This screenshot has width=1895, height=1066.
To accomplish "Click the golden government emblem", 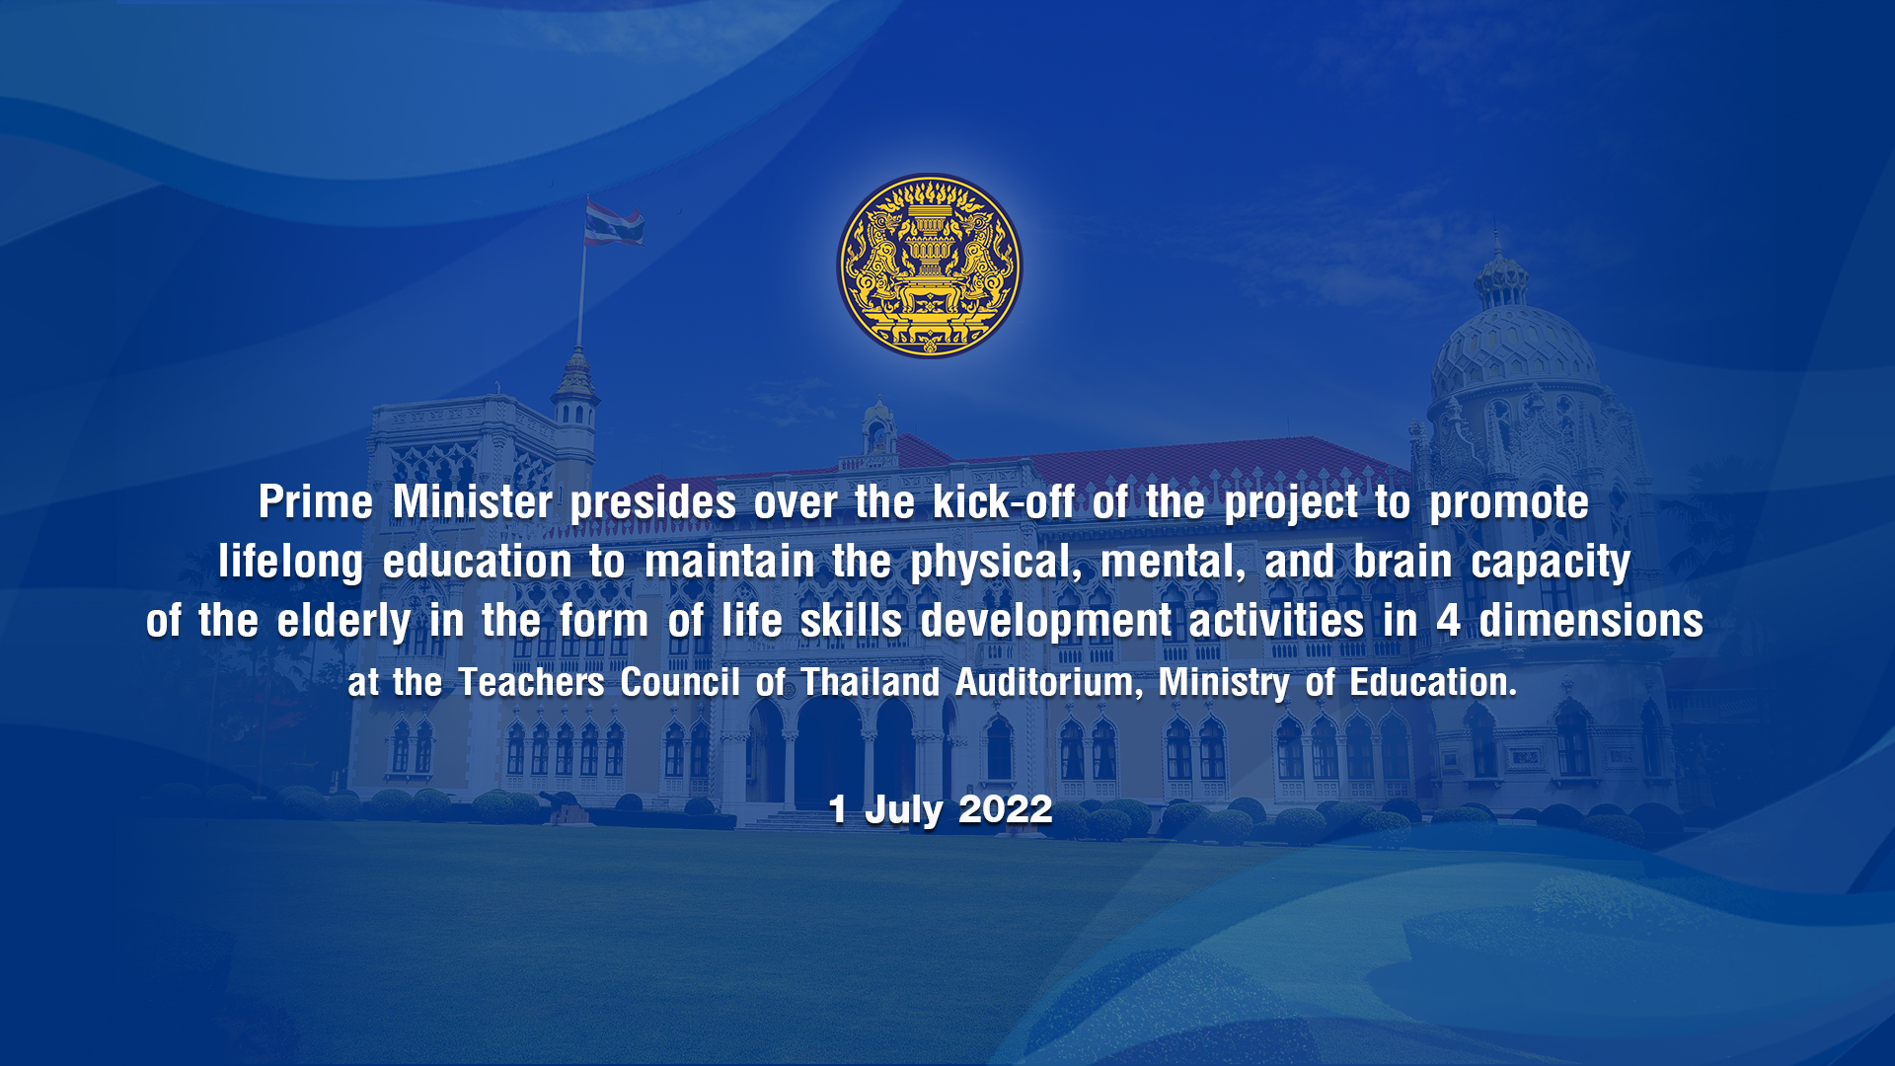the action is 930,266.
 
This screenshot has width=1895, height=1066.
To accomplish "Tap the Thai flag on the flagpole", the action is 613,222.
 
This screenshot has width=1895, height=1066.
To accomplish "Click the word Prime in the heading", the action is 316,501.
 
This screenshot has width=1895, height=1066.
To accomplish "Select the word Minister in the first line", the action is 473,501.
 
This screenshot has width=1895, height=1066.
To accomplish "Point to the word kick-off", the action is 1003,501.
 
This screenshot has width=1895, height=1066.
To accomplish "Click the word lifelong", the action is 291,563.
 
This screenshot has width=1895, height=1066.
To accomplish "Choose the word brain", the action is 1402,561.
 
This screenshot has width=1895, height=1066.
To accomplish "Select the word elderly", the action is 343,622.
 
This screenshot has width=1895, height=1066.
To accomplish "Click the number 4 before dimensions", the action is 1448,621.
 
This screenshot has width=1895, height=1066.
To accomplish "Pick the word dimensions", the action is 1591,620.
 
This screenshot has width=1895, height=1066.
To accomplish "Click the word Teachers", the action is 532,682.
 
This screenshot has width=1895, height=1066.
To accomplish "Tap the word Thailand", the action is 871,682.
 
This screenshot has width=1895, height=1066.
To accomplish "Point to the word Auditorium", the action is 1049,682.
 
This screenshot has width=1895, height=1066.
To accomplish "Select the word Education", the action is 1433,682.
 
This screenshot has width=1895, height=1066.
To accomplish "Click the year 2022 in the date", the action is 1006,809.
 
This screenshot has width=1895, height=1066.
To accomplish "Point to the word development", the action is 1045,622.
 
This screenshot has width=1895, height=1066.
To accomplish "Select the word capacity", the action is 1551,563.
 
